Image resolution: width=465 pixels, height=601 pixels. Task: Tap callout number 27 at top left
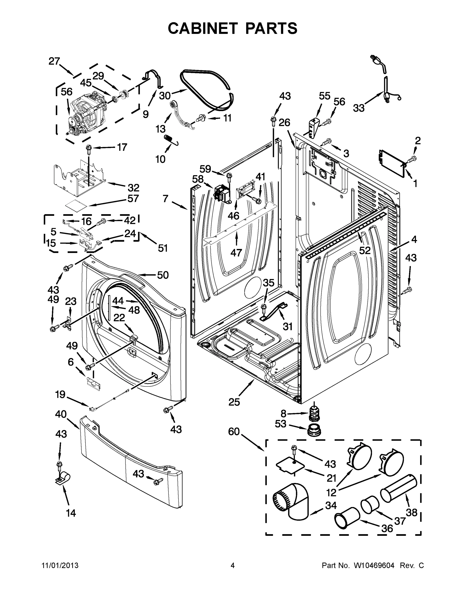pos(54,61)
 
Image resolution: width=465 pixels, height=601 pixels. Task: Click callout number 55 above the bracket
pos(325,96)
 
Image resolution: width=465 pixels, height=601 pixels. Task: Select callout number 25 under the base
pos(234,402)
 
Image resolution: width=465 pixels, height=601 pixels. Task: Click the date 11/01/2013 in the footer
pos(60,565)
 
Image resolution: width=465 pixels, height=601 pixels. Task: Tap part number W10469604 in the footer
pos(374,565)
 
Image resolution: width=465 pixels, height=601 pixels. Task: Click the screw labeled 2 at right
pos(412,159)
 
